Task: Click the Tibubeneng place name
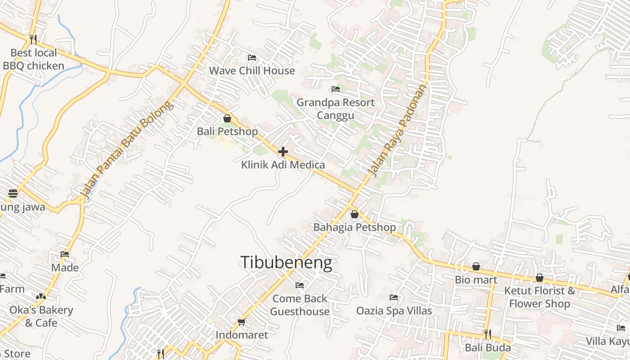(x=286, y=262)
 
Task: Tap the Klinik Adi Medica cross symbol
(x=283, y=152)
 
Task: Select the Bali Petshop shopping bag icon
(x=227, y=118)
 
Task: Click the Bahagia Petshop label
(x=355, y=227)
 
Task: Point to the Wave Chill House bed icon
(x=252, y=58)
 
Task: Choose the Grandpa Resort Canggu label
(x=335, y=109)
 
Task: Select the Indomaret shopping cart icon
(x=241, y=322)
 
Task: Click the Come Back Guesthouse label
(x=300, y=305)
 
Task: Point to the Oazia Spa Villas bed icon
(x=394, y=297)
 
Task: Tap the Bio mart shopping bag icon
(x=476, y=267)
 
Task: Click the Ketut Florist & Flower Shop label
(x=540, y=297)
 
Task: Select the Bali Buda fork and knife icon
(x=487, y=334)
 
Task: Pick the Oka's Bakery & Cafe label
(x=41, y=316)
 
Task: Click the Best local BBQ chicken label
(x=34, y=59)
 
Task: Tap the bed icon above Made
(x=65, y=254)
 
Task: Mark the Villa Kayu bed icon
(x=621, y=328)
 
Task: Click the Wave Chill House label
(x=252, y=71)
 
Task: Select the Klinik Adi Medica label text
(x=283, y=165)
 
